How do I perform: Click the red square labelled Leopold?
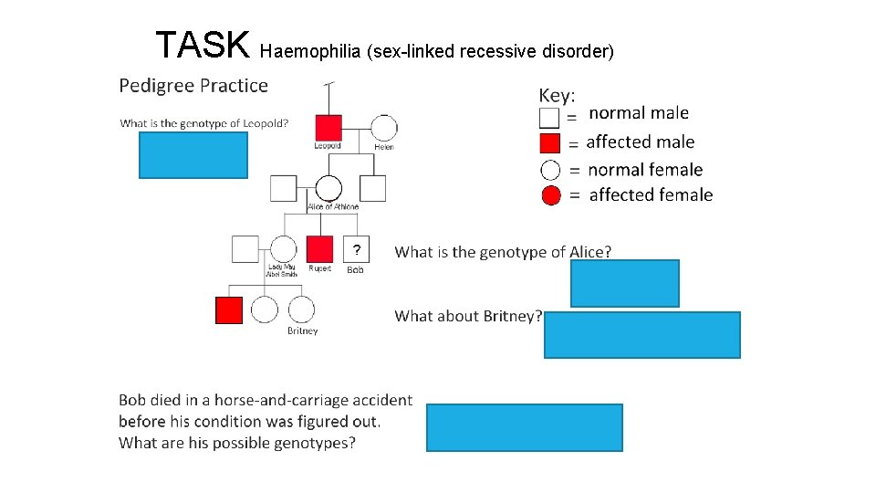pyautogui.click(x=328, y=128)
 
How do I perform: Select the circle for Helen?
pyautogui.click(x=384, y=129)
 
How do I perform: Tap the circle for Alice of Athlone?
pyautogui.click(x=328, y=188)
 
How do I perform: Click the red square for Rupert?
pyautogui.click(x=319, y=248)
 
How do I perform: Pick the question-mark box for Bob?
pyautogui.click(x=356, y=248)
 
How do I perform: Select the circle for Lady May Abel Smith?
pyautogui.click(x=283, y=248)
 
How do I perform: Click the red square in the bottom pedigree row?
pyautogui.click(x=229, y=310)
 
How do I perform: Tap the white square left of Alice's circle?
pyautogui.click(x=283, y=188)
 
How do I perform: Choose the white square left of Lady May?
pyautogui.click(x=245, y=248)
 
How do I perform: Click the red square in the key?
pyautogui.click(x=549, y=142)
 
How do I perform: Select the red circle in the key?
pyautogui.click(x=550, y=195)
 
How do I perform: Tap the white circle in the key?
pyautogui.click(x=550, y=170)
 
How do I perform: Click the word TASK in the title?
pyautogui.click(x=202, y=44)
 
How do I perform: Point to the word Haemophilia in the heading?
pyautogui.click(x=309, y=51)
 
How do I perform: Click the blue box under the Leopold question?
pyautogui.click(x=193, y=155)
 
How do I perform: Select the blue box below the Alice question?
pyautogui.click(x=625, y=283)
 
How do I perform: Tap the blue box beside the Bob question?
pyautogui.click(x=525, y=427)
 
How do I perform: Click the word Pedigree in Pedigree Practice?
pyautogui.click(x=157, y=86)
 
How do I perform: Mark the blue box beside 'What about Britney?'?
pyautogui.click(x=642, y=335)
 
